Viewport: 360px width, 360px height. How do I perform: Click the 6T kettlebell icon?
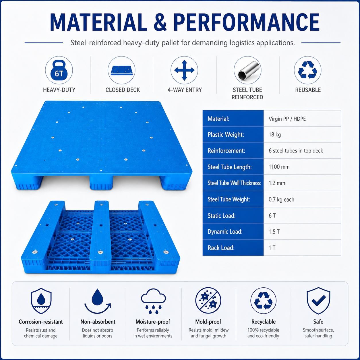[x=59, y=70]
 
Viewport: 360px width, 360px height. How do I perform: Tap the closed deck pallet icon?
[x=122, y=70]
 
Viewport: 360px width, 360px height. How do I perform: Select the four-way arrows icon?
[x=184, y=70]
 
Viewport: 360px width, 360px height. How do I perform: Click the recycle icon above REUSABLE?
[x=307, y=70]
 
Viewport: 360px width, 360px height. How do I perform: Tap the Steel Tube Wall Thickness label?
[x=234, y=183]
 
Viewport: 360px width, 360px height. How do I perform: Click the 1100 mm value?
[x=279, y=167]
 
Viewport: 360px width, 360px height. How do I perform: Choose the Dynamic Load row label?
[x=225, y=232]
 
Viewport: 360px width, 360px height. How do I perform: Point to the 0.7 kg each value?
[x=281, y=199]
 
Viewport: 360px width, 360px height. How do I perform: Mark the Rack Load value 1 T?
[x=272, y=248]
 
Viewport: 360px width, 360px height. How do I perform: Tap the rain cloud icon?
[x=153, y=301]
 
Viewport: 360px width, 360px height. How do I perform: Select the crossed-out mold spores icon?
[x=208, y=300]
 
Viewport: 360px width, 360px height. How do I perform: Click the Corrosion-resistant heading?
[x=41, y=322]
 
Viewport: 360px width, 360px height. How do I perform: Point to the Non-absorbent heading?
[x=98, y=322]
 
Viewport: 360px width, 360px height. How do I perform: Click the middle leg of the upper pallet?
[x=101, y=182]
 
